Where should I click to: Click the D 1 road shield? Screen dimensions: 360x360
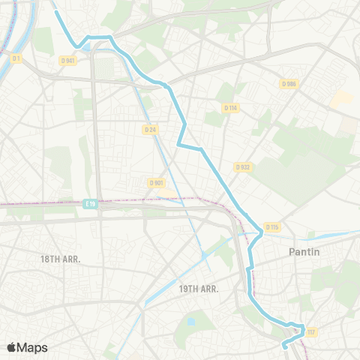click(16, 58)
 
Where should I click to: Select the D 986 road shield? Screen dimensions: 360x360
click(289, 83)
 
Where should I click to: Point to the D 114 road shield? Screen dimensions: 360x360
click(230, 108)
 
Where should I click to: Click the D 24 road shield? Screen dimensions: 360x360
click(150, 129)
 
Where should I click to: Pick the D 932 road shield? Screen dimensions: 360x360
click(242, 166)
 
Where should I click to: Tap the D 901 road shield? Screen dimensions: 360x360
click(156, 182)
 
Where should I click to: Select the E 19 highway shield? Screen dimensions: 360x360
click(91, 203)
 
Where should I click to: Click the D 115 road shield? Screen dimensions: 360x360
click(271, 226)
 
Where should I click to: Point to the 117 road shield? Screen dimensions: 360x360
click(310, 331)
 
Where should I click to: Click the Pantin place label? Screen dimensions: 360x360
click(304, 252)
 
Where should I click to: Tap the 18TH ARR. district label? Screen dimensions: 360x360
click(60, 259)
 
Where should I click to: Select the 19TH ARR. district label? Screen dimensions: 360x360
click(198, 288)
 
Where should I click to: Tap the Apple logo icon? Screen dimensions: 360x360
click(12, 347)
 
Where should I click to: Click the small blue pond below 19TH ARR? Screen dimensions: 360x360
click(190, 322)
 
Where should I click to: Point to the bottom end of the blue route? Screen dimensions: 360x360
click(283, 346)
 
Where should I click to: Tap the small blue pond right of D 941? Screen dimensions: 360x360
click(90, 47)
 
